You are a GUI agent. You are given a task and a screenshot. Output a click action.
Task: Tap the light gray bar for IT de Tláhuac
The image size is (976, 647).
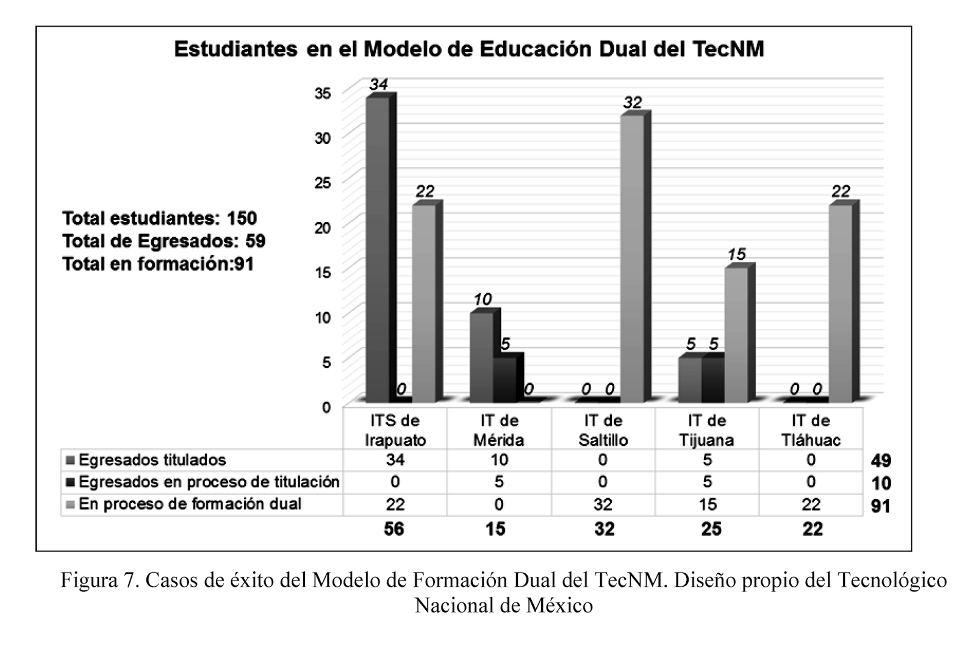[x=840, y=302]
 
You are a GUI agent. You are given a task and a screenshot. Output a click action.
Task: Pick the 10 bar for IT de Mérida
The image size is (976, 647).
[x=481, y=357]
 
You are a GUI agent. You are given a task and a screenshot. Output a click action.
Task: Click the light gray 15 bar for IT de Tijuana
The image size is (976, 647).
[x=736, y=334]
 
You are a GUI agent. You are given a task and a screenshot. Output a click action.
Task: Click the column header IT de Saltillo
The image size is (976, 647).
[x=603, y=430]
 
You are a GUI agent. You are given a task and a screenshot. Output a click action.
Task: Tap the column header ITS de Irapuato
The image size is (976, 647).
[x=395, y=430]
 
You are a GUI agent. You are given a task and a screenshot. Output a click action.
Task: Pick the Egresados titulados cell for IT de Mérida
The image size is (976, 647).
[x=499, y=460]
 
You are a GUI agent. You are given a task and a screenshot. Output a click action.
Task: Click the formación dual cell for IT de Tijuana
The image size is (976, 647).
[x=707, y=504]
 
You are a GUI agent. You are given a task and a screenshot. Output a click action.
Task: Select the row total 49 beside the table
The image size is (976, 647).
[x=881, y=460]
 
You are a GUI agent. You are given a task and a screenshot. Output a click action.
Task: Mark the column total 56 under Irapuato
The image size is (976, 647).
[x=394, y=529]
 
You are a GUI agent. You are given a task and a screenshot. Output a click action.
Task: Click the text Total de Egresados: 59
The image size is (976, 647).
[x=163, y=241]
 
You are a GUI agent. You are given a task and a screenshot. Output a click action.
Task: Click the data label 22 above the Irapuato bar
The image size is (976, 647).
[x=425, y=191]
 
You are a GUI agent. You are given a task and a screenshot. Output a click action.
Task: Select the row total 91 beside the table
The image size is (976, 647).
[x=881, y=506]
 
